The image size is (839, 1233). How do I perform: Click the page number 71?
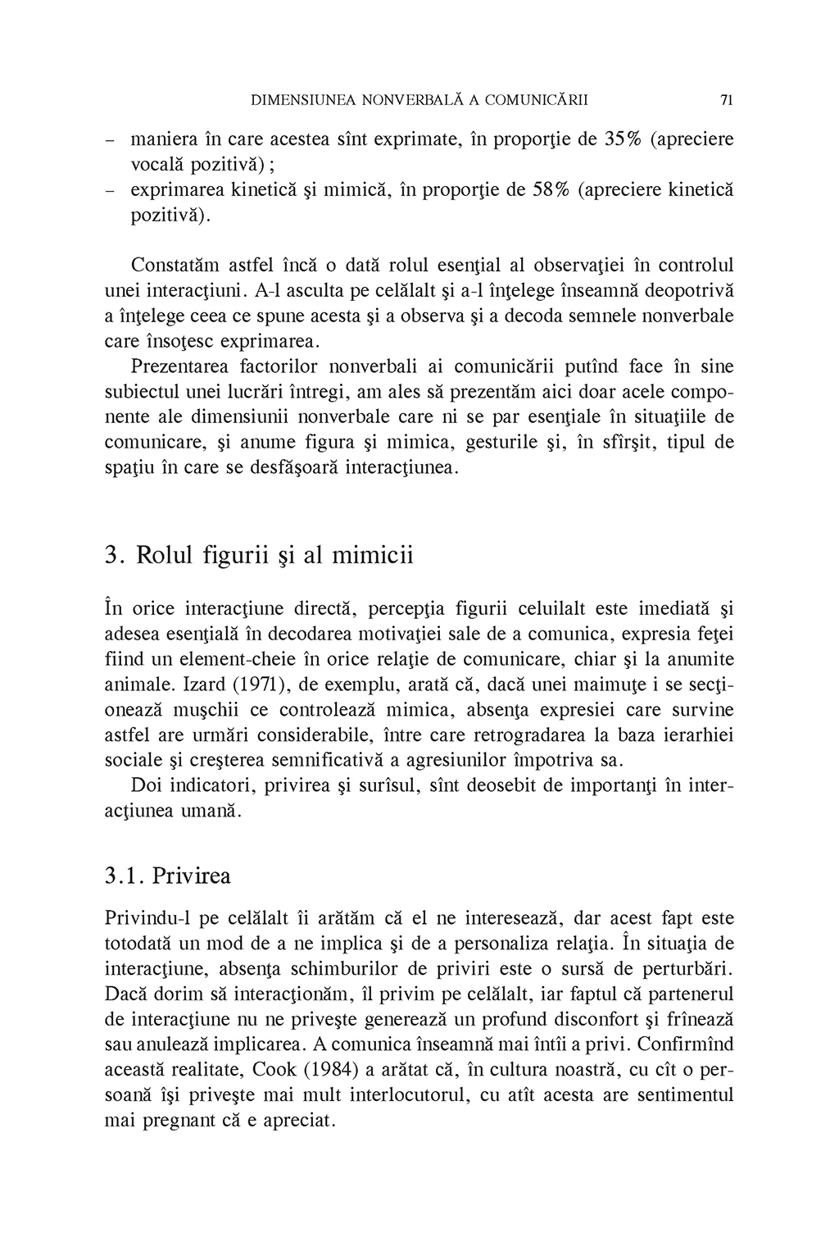pos(726,101)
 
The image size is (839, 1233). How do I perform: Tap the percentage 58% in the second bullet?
pos(551,190)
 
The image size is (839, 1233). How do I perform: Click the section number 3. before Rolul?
pos(115,555)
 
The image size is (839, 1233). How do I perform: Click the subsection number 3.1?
pos(124,876)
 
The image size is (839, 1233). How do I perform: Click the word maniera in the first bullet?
pos(166,139)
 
